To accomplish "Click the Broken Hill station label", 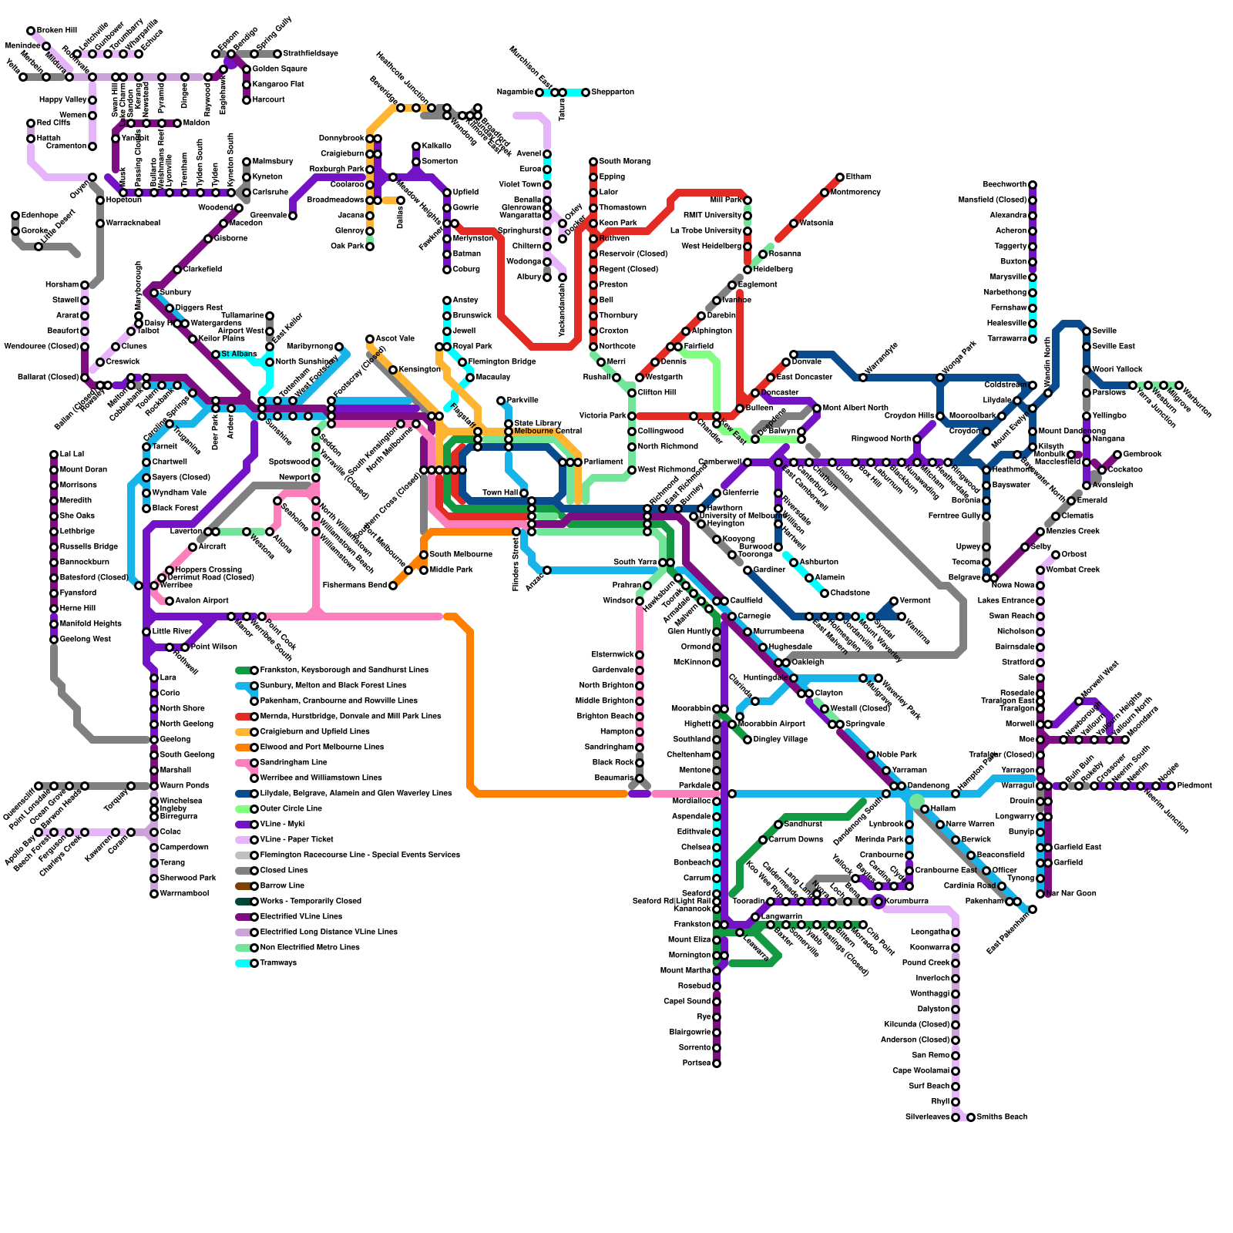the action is (57, 31).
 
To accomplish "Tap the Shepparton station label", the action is (613, 92).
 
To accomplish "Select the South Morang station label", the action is (624, 162).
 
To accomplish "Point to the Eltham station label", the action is (858, 177).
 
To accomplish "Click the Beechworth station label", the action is (1004, 185).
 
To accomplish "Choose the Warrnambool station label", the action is (184, 894).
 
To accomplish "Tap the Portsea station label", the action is (697, 1063).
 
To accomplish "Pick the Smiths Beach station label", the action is (1002, 1117).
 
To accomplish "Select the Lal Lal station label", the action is (72, 455).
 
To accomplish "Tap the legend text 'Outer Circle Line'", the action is (291, 809).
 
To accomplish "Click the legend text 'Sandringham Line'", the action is (294, 763).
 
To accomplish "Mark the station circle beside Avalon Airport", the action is (170, 601).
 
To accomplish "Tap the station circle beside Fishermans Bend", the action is (393, 586).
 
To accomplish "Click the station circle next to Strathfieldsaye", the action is (277, 54).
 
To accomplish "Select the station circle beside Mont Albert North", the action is (817, 408).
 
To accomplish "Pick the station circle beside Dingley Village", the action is (748, 740).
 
